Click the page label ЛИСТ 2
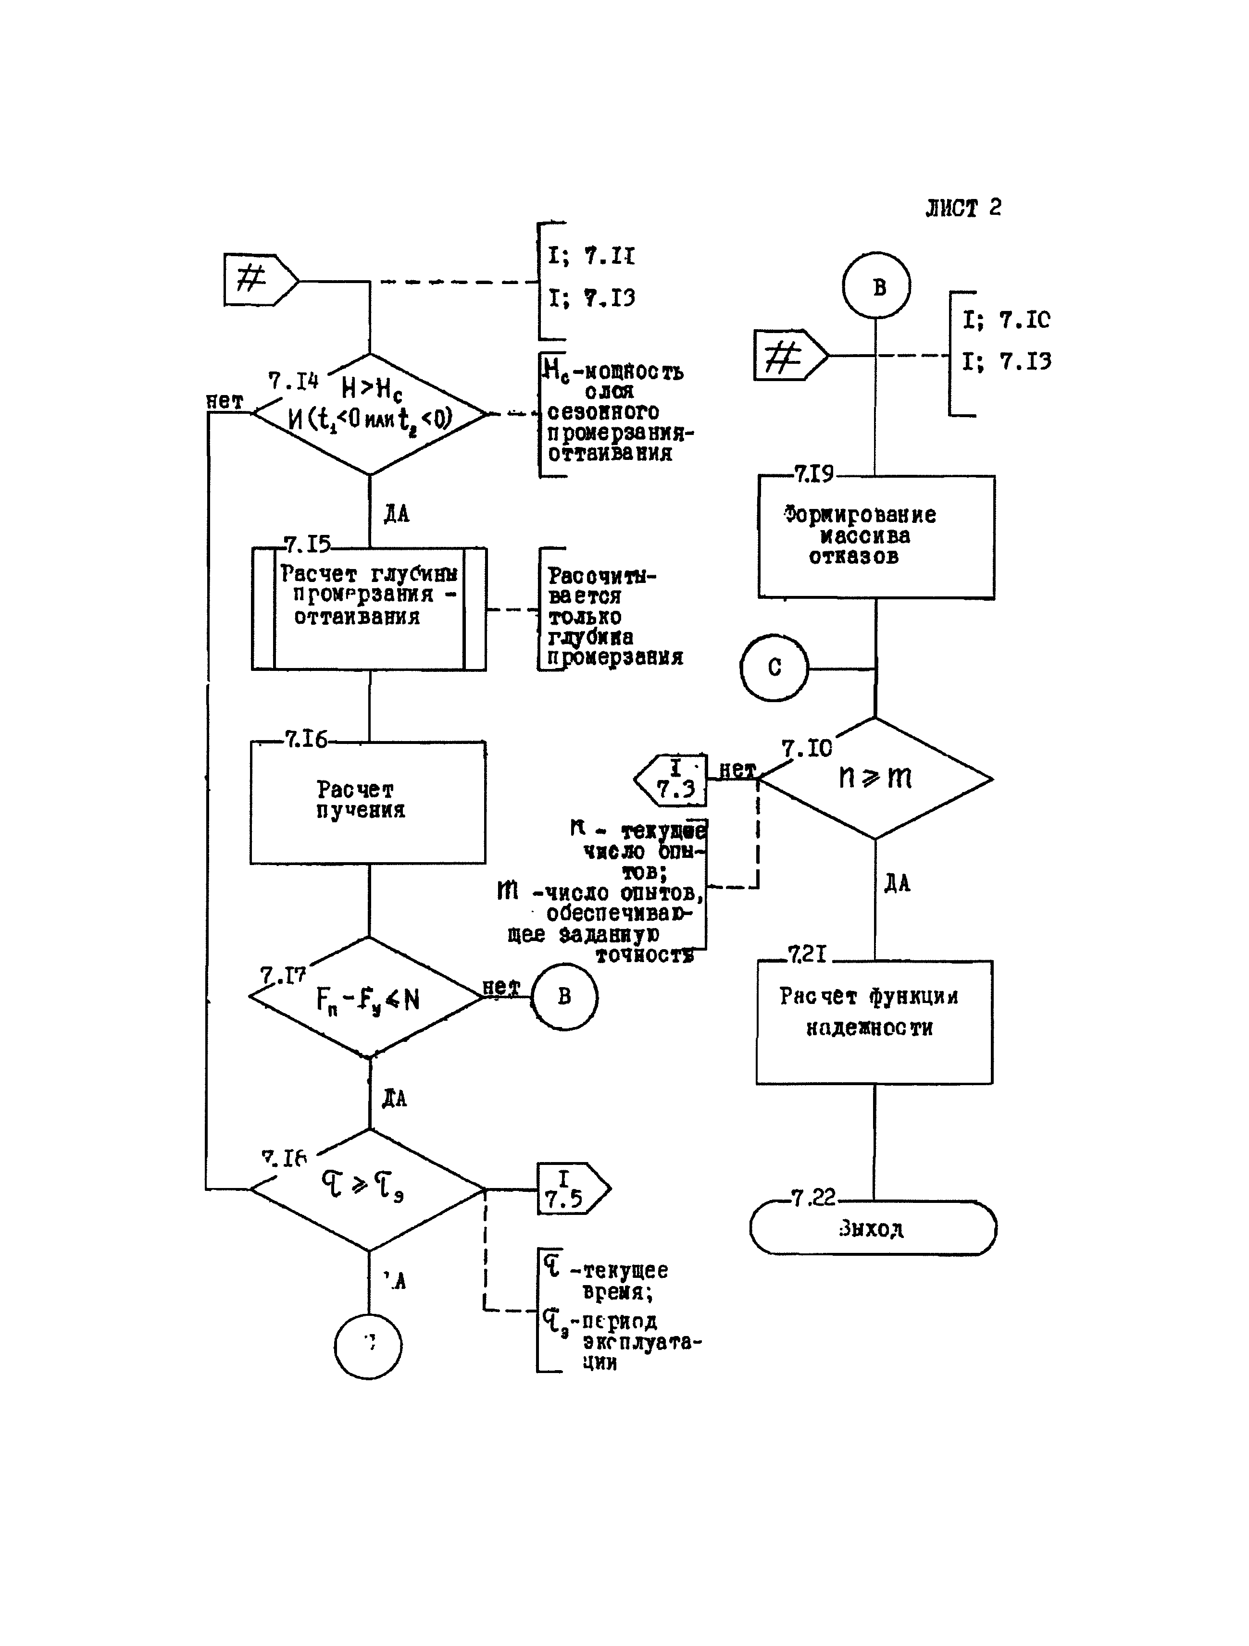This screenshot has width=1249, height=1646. point(963,208)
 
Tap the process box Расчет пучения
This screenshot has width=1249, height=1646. point(368,802)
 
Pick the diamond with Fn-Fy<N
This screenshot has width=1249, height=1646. point(367,998)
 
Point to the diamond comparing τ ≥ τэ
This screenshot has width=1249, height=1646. point(367,1189)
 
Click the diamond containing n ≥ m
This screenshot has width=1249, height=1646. point(875,779)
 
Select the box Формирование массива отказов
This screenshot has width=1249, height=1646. point(876,536)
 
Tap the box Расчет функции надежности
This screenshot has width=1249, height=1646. point(874,1022)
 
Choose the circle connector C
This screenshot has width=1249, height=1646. point(774,668)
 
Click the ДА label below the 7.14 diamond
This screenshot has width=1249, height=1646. point(397,513)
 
